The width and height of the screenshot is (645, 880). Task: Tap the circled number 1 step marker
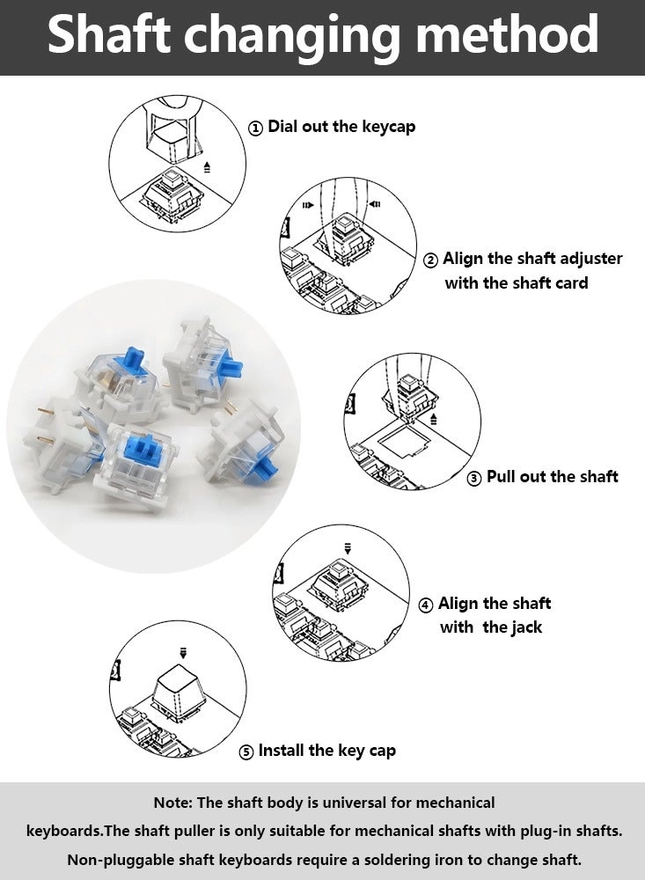[x=255, y=128]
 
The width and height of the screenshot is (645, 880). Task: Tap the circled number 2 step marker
[x=430, y=260]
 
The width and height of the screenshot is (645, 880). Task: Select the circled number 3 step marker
[x=473, y=479]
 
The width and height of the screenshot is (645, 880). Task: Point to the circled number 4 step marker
[x=426, y=605]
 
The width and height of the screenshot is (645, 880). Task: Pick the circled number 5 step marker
[x=246, y=752]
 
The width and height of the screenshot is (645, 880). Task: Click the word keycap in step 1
[x=388, y=127]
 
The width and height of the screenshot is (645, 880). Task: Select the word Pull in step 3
[x=503, y=477]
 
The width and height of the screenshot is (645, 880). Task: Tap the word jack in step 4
[x=524, y=628]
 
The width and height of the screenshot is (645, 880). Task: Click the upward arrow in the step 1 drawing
[x=208, y=165]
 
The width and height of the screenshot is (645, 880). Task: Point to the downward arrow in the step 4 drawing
[x=348, y=548]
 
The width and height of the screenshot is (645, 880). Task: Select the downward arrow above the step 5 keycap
[x=183, y=652]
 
